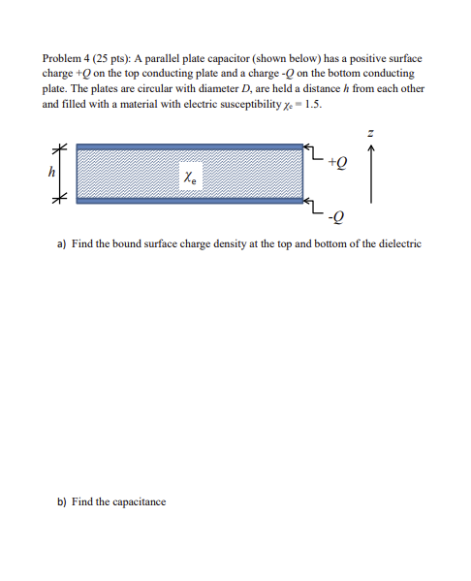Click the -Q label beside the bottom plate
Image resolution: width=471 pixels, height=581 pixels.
tap(334, 215)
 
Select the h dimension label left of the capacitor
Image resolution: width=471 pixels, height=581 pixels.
tap(51, 171)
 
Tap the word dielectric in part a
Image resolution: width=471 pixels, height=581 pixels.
tap(399, 244)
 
